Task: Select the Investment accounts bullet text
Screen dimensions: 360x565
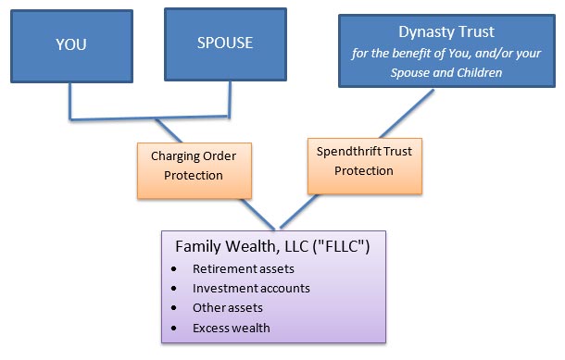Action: click(x=250, y=289)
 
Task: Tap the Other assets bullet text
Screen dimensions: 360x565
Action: click(x=228, y=308)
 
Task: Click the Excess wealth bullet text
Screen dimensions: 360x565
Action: click(x=232, y=329)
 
